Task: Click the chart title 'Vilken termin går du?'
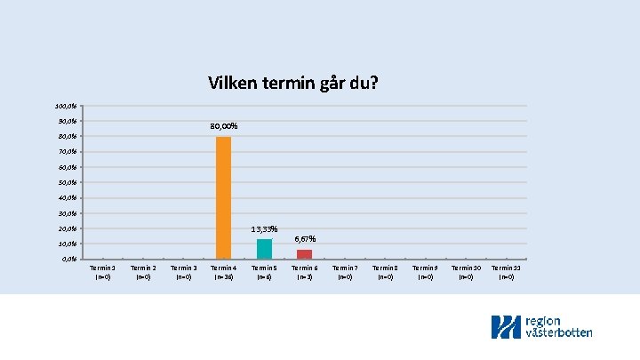[293, 84]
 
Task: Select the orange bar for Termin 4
[223, 197]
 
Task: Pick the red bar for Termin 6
[304, 254]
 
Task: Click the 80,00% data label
[223, 126]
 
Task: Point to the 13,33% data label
[264, 229]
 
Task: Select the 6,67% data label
[304, 239]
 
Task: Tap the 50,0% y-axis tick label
[66, 182]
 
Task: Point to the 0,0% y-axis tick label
[68, 259]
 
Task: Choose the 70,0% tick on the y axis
[66, 152]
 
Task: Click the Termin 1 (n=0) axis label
[102, 272]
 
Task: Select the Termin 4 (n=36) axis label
[223, 272]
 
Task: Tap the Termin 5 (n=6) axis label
[264, 272]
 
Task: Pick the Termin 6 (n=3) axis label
[304, 272]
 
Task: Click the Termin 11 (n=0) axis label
[506, 272]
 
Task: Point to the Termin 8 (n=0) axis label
[385, 272]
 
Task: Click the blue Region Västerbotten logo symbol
[506, 327]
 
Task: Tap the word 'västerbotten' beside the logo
[559, 332]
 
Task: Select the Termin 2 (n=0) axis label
[142, 272]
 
